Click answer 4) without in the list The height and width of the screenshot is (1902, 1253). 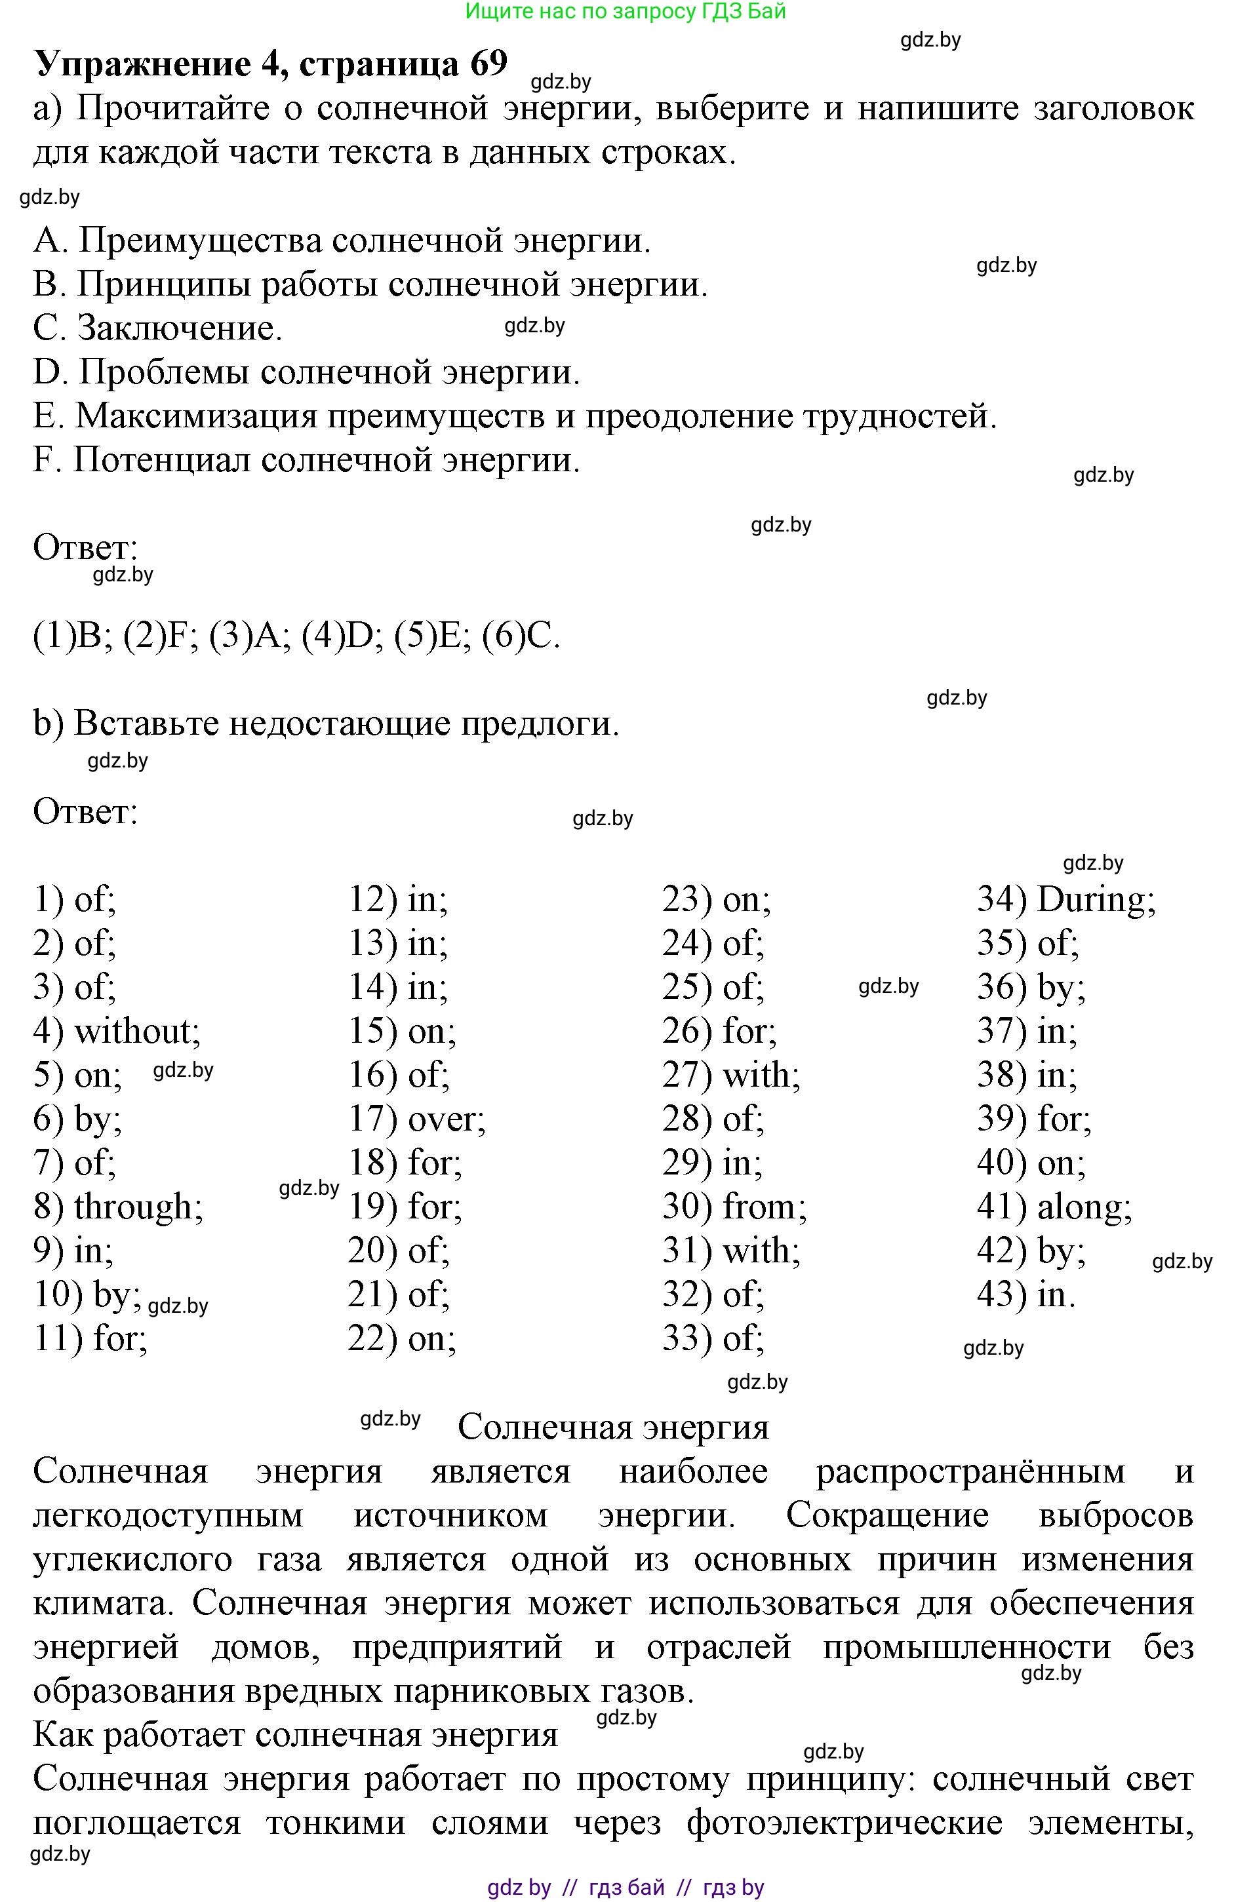tap(117, 1032)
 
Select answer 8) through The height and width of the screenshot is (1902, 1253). tap(118, 1207)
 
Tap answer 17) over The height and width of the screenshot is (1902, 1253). tap(416, 1119)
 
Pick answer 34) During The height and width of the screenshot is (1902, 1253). tap(1066, 900)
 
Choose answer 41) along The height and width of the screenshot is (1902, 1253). tap(1054, 1207)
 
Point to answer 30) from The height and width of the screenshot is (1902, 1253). tap(734, 1207)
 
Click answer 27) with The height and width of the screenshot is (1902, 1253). tap(731, 1076)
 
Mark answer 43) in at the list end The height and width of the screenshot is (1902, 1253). tap(1026, 1294)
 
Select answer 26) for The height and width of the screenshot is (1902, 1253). tap(719, 1032)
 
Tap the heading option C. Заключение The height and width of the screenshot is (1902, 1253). tap(158, 328)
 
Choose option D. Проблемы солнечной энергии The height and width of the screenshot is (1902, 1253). tap(306, 372)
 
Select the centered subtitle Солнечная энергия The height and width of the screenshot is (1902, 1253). tap(613, 1427)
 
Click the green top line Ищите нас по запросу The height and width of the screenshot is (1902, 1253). tap(626, 11)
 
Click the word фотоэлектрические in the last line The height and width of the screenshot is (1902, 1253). tap(845, 1823)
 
